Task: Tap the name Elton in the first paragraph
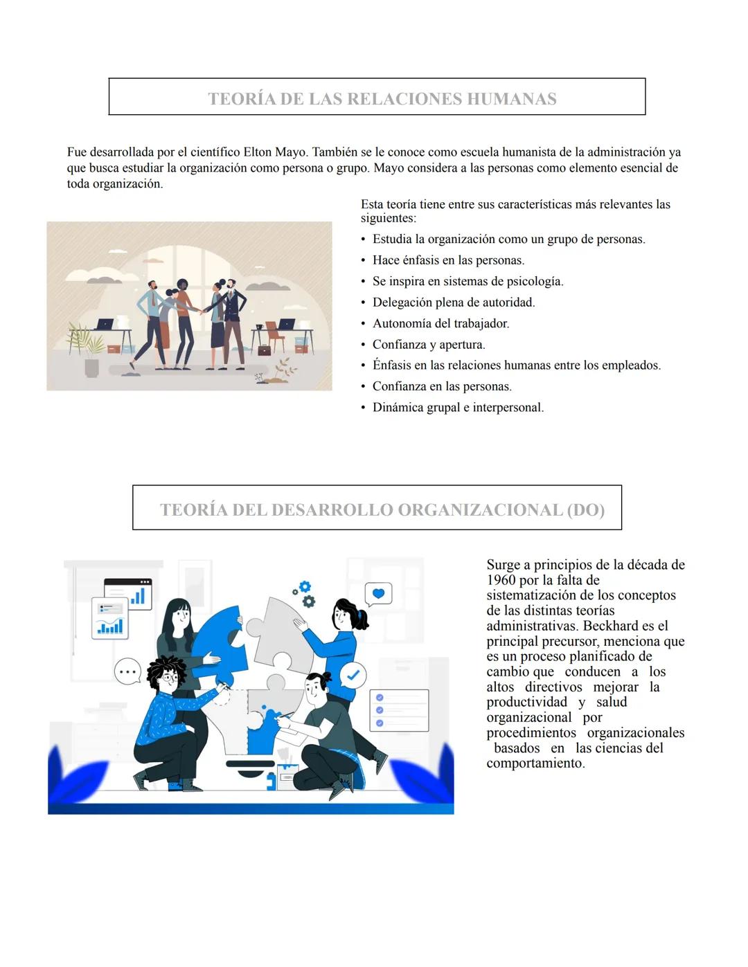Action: click(x=258, y=152)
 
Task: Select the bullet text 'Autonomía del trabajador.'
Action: click(x=440, y=324)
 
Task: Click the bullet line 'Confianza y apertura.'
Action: click(x=429, y=345)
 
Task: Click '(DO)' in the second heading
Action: click(x=585, y=510)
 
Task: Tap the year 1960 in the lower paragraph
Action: click(x=501, y=580)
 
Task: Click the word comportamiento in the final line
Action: click(x=535, y=763)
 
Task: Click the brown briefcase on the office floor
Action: click(x=265, y=350)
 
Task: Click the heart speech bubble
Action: click(x=378, y=594)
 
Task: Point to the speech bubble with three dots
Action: click(x=127, y=671)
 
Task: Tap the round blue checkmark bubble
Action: click(x=354, y=674)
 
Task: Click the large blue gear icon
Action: click(x=305, y=587)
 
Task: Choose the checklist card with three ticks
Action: click(x=399, y=710)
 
